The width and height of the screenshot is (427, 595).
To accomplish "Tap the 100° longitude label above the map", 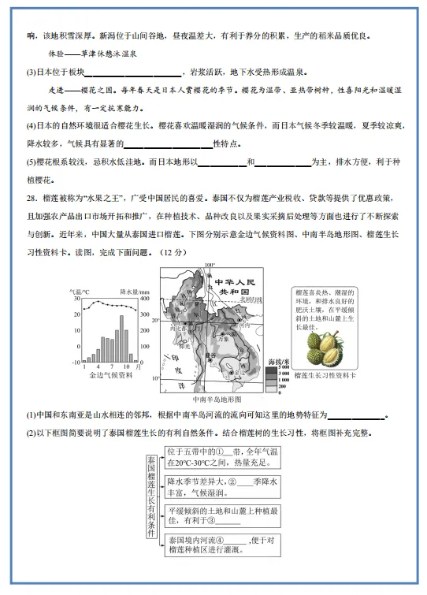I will pos(210,265).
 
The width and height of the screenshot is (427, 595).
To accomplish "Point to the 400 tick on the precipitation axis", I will pos(145,299).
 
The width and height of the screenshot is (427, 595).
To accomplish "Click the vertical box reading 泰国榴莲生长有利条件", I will pos(150,497).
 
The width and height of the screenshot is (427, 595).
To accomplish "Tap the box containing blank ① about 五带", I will pos(224,458).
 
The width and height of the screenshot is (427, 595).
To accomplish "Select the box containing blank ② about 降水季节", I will pos(224,486).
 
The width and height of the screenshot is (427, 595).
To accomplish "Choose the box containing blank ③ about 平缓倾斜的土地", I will pos(224,515).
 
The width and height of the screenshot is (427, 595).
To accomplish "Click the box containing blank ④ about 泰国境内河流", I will pos(224,544).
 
